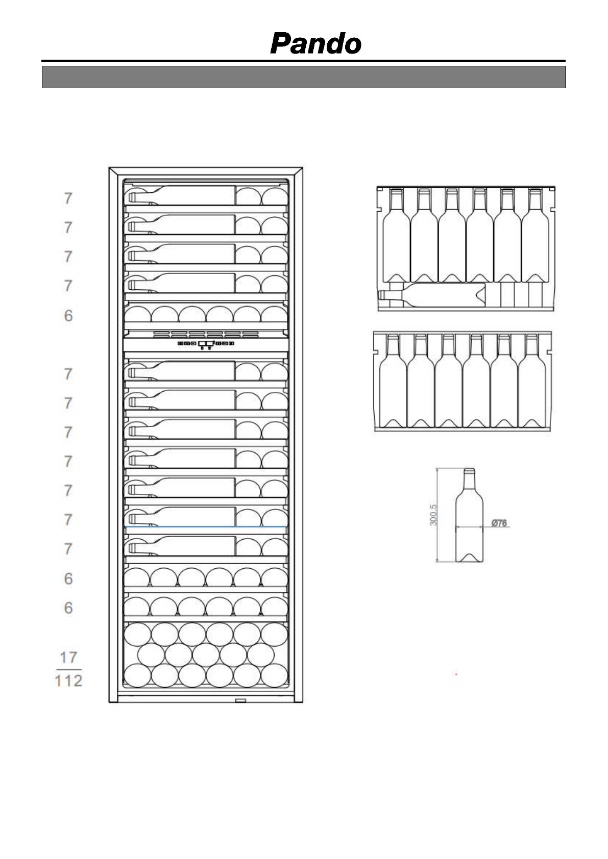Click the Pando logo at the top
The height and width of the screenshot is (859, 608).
pos(315,44)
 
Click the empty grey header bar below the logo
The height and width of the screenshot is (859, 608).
pos(303,77)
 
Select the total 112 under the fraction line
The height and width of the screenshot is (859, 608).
pos(68,680)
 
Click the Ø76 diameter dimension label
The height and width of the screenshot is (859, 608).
pos(499,523)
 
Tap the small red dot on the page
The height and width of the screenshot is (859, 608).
pos(456,674)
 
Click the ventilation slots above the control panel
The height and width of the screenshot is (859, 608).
pos(206,335)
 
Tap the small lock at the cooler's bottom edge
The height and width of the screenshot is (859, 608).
pos(240,701)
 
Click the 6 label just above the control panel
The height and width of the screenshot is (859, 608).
pos(68,316)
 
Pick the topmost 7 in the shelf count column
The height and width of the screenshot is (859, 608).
pos(68,198)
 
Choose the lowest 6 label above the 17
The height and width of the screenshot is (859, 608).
pos(68,608)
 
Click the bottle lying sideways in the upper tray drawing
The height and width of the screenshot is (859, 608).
pos(431,296)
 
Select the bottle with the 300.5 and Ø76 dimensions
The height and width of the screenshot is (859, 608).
pos(469,515)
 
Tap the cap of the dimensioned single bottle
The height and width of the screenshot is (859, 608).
pos(469,471)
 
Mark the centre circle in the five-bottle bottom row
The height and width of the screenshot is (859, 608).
pos(206,655)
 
